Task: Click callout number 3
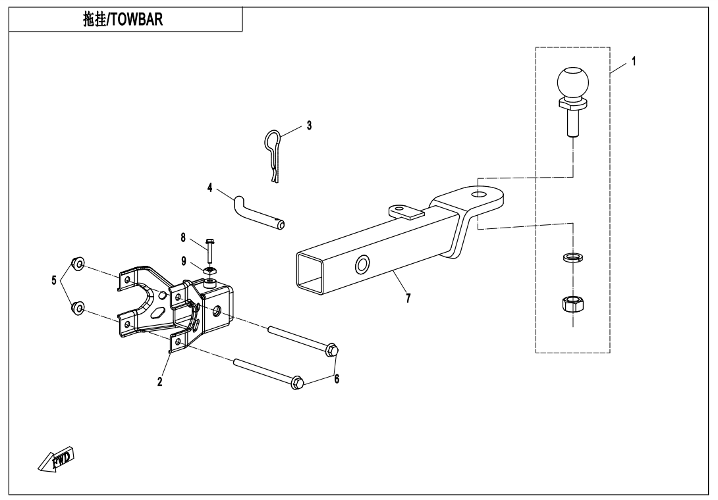308,124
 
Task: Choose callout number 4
210,187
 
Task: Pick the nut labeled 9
209,270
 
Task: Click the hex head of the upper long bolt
333,349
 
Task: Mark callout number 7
408,298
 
